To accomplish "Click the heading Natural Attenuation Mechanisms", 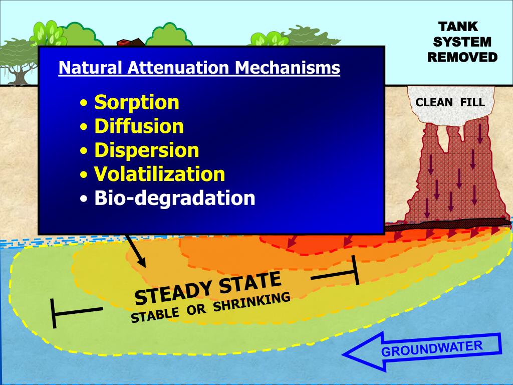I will tap(199, 68).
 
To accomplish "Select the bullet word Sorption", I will tap(136, 102).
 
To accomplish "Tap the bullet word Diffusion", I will tap(139, 126).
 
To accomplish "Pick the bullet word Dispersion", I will tap(146, 150).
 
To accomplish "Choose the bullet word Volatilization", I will tap(159, 174).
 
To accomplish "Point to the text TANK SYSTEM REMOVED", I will tap(462, 42).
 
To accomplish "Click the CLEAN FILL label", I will tap(450, 103).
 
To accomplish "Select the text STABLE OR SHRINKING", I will tap(210, 308).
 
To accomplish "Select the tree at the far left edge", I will tap(18, 60).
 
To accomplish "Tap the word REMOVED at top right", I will tap(462, 57).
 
